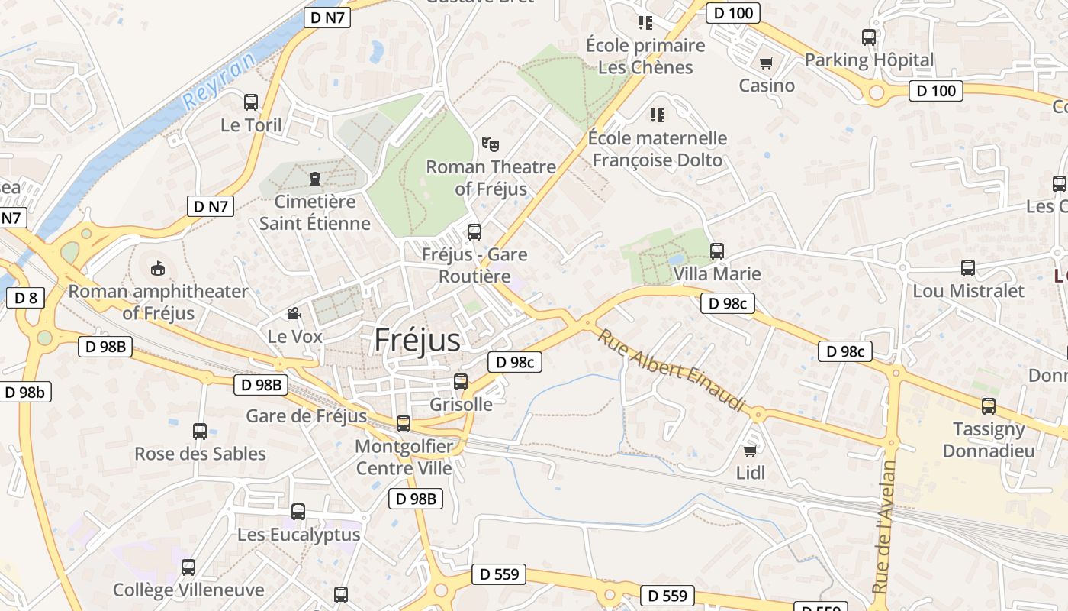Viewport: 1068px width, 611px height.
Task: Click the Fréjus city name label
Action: tap(417, 341)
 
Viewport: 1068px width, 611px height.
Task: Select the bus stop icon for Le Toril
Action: tap(251, 102)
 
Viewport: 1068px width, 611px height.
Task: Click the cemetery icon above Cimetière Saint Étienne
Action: tap(315, 179)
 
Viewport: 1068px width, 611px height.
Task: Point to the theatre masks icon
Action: tap(491, 144)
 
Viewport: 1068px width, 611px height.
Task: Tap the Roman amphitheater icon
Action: tap(158, 268)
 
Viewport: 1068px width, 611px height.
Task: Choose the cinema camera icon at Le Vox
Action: tap(294, 313)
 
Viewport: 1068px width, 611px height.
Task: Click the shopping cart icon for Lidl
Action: tap(750, 451)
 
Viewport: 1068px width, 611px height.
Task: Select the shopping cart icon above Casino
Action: tap(766, 63)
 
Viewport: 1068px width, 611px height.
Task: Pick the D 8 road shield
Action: tap(25, 298)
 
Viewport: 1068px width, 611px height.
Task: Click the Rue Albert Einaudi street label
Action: tap(671, 370)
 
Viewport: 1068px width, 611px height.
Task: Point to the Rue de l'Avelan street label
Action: tap(884, 526)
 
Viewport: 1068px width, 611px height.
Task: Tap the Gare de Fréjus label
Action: tap(307, 416)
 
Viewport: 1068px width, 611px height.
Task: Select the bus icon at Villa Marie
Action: tap(716, 251)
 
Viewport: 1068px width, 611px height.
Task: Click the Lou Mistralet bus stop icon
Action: tap(968, 268)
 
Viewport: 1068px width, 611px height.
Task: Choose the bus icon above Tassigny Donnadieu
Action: tap(989, 406)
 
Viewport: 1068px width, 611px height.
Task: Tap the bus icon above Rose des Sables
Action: tap(200, 432)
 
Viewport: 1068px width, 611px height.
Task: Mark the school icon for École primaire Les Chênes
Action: tap(645, 23)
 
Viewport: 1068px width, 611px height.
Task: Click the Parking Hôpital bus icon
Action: tap(868, 37)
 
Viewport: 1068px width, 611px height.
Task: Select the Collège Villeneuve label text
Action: tap(188, 590)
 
